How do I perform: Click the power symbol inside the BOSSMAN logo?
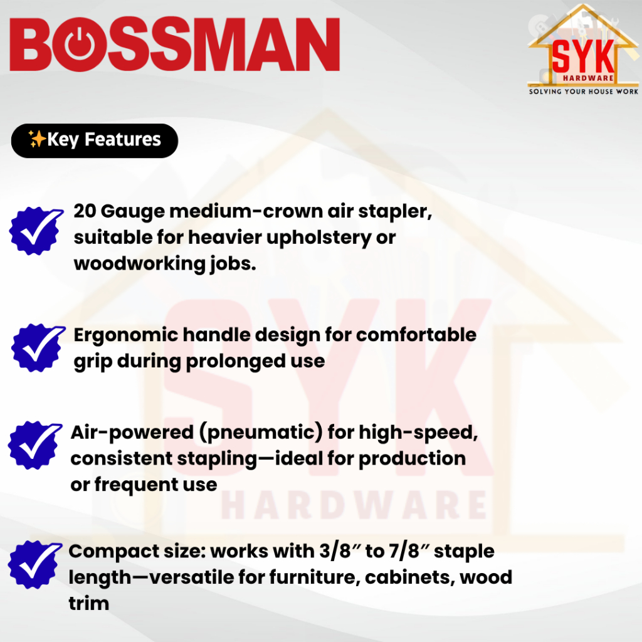pyautogui.click(x=80, y=45)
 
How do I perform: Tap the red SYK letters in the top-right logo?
pyautogui.click(x=583, y=56)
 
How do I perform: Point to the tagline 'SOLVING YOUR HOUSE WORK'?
pyautogui.click(x=584, y=92)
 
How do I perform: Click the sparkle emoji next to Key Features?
pyautogui.click(x=37, y=139)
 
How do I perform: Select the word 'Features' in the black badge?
pyautogui.click(x=123, y=139)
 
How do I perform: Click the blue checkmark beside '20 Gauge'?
pyautogui.click(x=36, y=231)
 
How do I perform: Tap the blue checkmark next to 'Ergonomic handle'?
pyautogui.click(x=38, y=348)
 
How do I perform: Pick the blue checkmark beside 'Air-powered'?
pyautogui.click(x=35, y=445)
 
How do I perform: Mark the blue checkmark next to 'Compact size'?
pyautogui.click(x=35, y=565)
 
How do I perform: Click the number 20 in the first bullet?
pyautogui.click(x=85, y=211)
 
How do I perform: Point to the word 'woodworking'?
pyautogui.click(x=139, y=265)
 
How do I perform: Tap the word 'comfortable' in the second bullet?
pyautogui.click(x=416, y=335)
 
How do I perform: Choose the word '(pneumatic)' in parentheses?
pyautogui.click(x=261, y=433)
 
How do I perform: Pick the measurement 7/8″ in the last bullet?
pyautogui.click(x=409, y=551)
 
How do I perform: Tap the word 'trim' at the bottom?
pyautogui.click(x=89, y=604)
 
